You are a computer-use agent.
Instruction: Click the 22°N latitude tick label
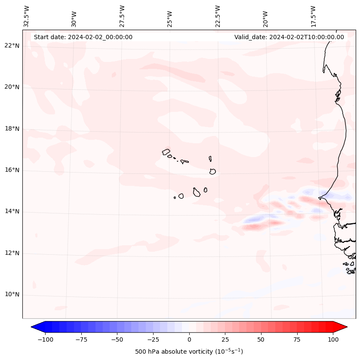(12, 46)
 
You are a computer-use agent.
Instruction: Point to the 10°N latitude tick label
(12, 295)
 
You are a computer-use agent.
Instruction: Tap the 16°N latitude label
(12, 170)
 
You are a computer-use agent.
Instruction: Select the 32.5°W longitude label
(27, 16)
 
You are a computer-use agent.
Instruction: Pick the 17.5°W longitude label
(313, 16)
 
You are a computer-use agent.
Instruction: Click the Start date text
(83, 37)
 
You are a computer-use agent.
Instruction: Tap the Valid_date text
(289, 37)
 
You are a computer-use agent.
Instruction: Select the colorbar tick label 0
(189, 340)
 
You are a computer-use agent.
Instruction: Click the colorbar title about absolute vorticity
(189, 352)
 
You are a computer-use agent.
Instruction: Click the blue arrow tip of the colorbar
(35, 327)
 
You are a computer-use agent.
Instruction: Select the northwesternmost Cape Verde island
(166, 151)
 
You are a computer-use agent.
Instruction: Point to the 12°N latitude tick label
(12, 253)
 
